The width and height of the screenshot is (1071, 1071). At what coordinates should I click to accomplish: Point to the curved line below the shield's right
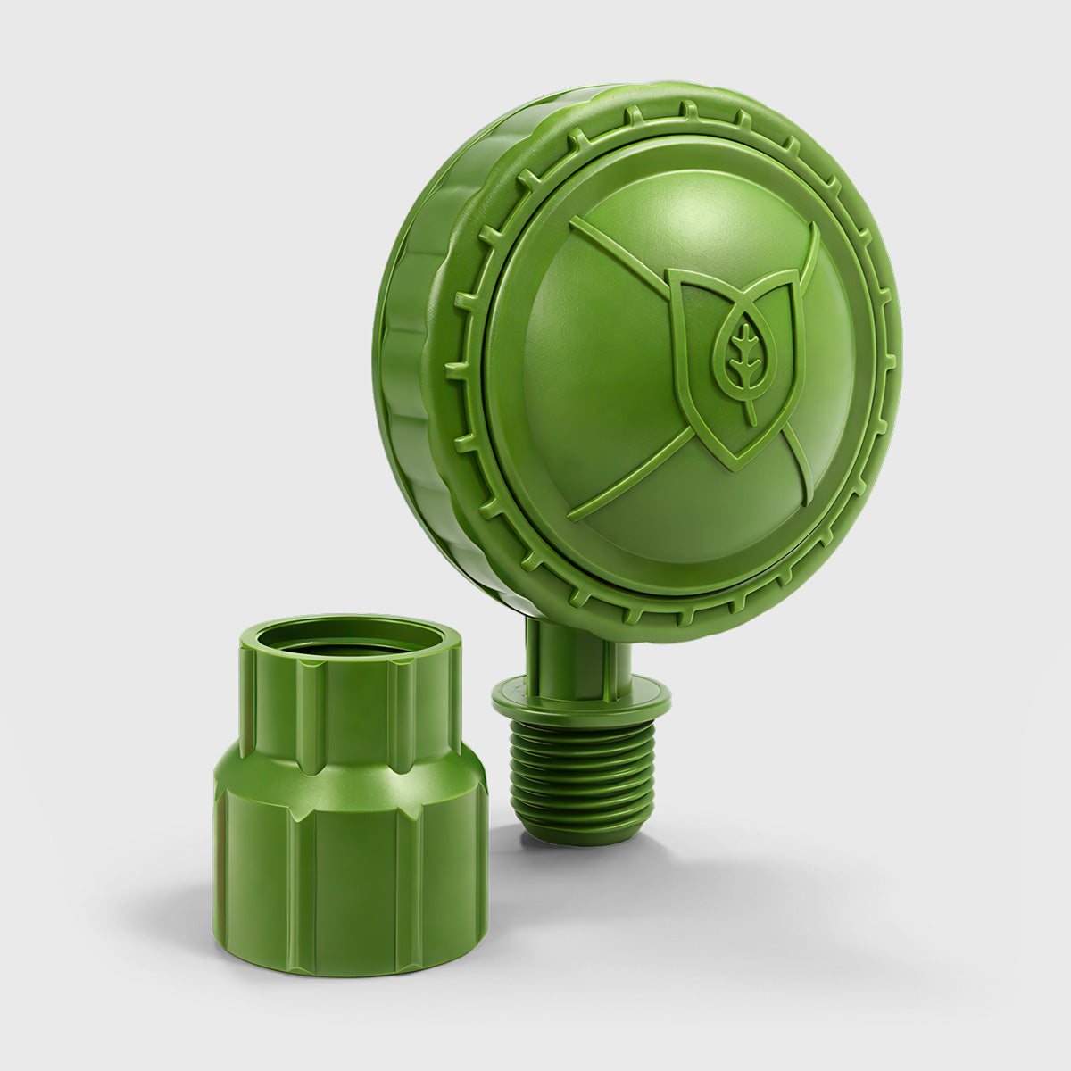coord(798,464)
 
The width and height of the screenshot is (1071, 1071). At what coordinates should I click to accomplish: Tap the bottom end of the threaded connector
coord(580,834)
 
